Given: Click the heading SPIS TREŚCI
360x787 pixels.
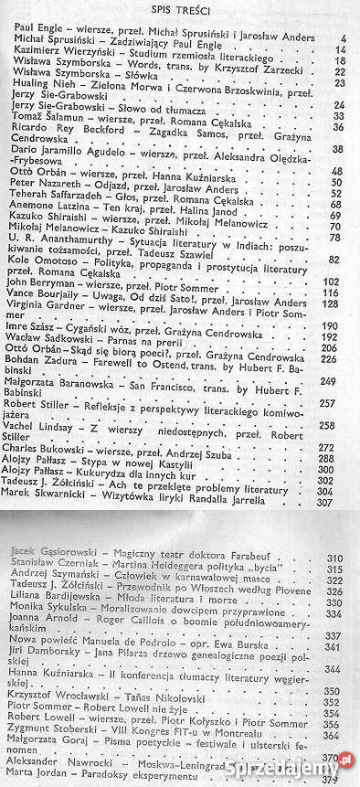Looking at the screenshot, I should [x=178, y=9].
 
